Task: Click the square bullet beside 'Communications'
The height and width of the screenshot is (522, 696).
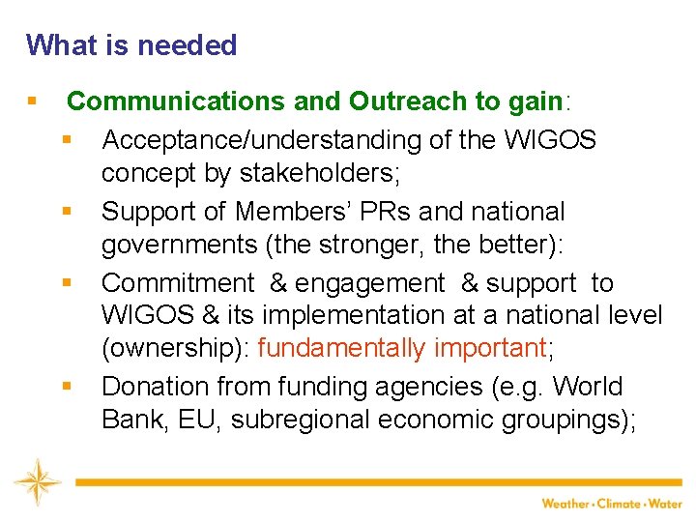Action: coord(33,101)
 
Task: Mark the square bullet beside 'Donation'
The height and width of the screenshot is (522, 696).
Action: coord(67,387)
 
